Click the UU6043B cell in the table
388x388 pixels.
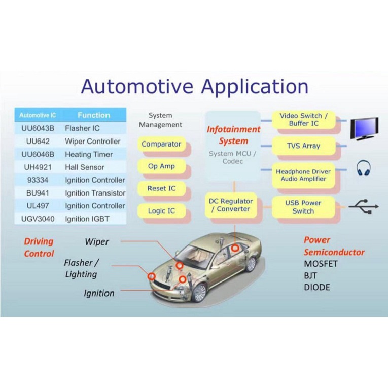pyautogui.click(x=38, y=128)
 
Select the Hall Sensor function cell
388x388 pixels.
pyautogui.click(x=85, y=167)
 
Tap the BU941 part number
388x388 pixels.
pyautogui.click(x=38, y=193)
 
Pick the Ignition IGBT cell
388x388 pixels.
pyautogui.click(x=87, y=219)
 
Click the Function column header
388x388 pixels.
pyautogui.click(x=94, y=115)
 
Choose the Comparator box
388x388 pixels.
pyautogui.click(x=161, y=144)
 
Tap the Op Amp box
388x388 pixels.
pyautogui.click(x=161, y=166)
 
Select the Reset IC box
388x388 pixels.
pyautogui.click(x=161, y=188)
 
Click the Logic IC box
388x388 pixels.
pyautogui.click(x=161, y=210)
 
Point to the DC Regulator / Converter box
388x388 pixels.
pyautogui.click(x=231, y=205)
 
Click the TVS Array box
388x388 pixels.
pyautogui.click(x=304, y=146)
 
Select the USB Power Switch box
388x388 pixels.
pyautogui.click(x=304, y=207)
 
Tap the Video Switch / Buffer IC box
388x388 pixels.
pyautogui.click(x=304, y=120)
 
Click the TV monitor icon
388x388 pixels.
pyautogui.click(x=365, y=128)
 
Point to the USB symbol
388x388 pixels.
pyautogui.click(x=364, y=206)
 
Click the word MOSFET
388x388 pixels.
pyautogui.click(x=321, y=264)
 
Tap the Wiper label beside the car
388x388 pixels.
pyautogui.click(x=97, y=242)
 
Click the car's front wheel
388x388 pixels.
pyautogui.click(x=199, y=293)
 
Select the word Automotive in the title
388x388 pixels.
pyautogui.click(x=137, y=86)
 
